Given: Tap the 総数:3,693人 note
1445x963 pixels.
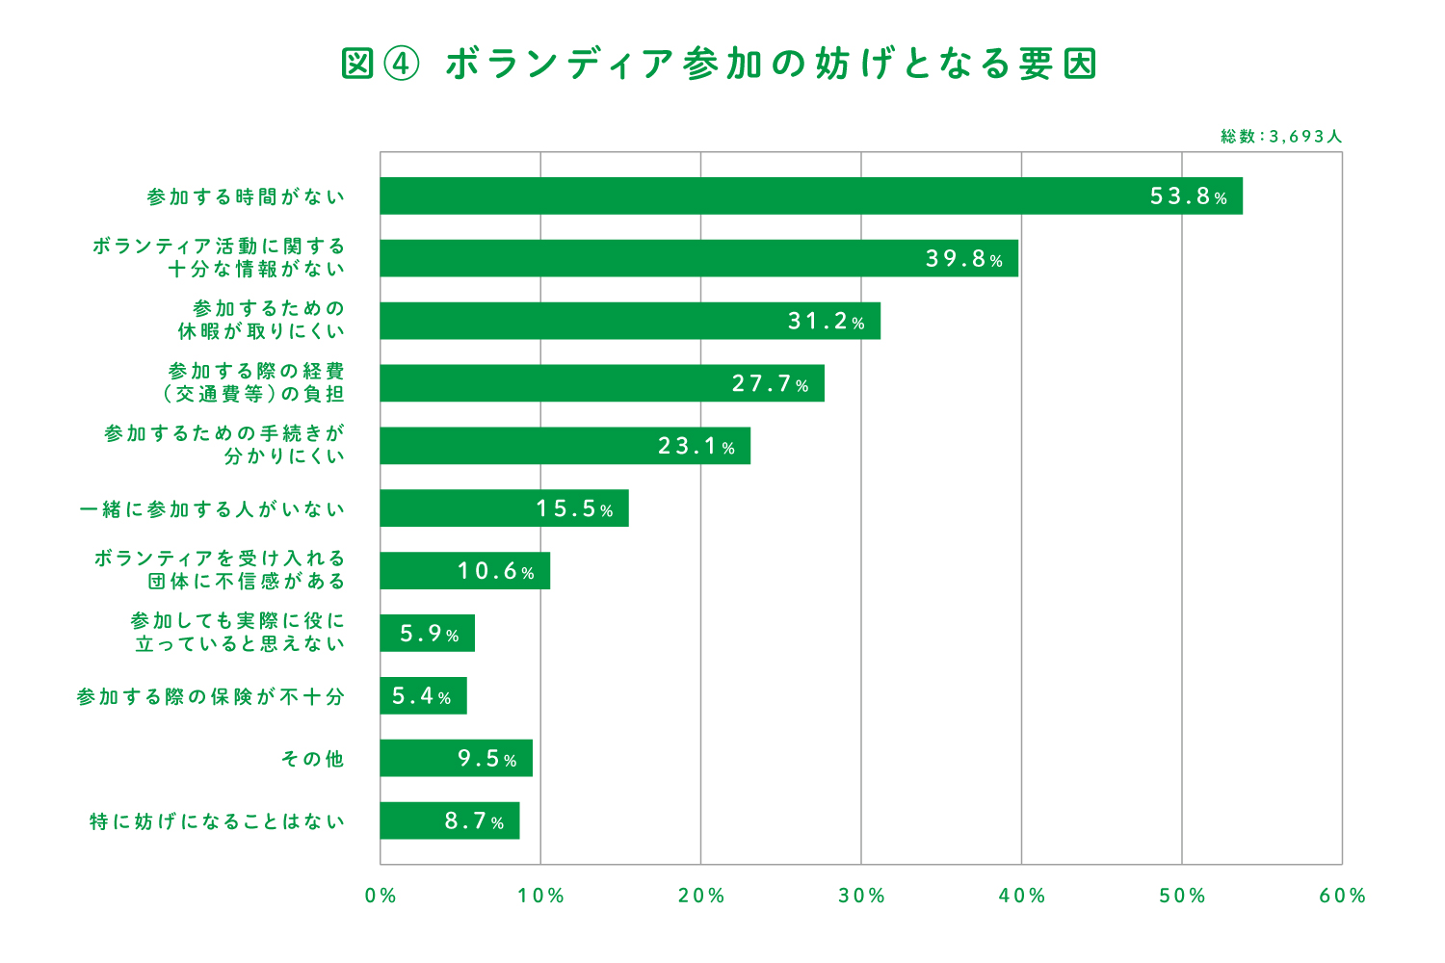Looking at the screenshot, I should [1280, 137].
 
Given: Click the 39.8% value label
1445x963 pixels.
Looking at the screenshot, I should [964, 259].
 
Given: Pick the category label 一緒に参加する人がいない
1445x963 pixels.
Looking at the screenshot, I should [212, 508].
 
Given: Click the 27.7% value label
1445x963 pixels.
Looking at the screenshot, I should [770, 384].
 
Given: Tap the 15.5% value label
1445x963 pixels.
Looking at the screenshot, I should [574, 508].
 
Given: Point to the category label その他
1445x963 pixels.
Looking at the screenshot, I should [312, 759].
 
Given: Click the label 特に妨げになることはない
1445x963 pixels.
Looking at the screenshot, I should [217, 821].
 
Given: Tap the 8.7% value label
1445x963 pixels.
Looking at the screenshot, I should [474, 821].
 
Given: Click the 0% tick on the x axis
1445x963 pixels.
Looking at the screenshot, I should [381, 896].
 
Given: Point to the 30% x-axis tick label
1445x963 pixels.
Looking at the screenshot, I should [861, 896].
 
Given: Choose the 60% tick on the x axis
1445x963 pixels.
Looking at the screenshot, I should [1342, 896].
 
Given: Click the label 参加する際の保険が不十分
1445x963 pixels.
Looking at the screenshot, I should [210, 696].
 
